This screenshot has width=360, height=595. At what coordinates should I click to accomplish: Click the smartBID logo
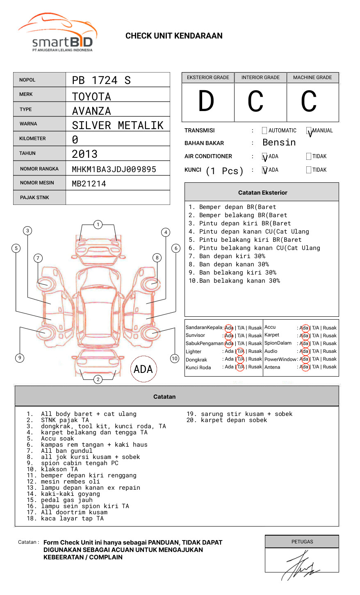pyautogui.click(x=57, y=33)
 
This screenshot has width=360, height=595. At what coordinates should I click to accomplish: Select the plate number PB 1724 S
pyautogui.click(x=101, y=80)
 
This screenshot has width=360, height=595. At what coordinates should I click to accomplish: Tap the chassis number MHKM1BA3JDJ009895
pyautogui.click(x=114, y=169)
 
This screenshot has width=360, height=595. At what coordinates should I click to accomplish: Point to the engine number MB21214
pyautogui.click(x=89, y=184)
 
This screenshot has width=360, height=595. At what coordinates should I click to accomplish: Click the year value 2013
pyautogui.click(x=85, y=154)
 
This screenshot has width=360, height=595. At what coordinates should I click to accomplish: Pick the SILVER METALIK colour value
pyautogui.click(x=118, y=125)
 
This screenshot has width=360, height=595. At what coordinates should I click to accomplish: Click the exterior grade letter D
pyautogui.click(x=206, y=101)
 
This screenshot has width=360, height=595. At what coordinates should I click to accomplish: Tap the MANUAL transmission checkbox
pyautogui.click(x=309, y=131)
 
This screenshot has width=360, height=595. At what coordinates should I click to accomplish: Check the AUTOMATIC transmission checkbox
pyautogui.click(x=264, y=131)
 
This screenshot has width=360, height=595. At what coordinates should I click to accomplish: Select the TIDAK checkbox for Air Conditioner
pyautogui.click(x=309, y=157)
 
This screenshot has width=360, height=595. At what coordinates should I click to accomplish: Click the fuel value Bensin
pyautogui.click(x=279, y=143)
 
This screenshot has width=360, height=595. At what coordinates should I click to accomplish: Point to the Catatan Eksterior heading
pyautogui.click(x=262, y=193)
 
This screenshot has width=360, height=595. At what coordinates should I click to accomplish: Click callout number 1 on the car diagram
pyautogui.click(x=98, y=225)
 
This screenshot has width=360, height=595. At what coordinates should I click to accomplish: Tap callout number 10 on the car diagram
pyautogui.click(x=175, y=359)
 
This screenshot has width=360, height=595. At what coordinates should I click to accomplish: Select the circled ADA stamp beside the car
pyautogui.click(x=143, y=369)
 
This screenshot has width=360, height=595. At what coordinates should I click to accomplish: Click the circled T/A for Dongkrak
pyautogui.click(x=241, y=359)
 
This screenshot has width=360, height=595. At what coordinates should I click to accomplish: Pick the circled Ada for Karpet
pyautogui.click(x=304, y=336)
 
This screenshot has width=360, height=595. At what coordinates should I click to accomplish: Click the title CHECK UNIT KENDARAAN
pyautogui.click(x=174, y=36)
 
